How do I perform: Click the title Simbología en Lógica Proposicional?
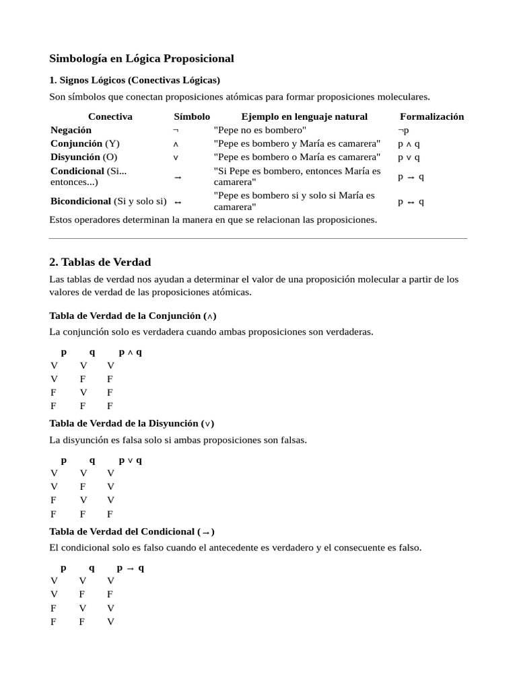pos(141,59)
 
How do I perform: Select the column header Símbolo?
pos(192,116)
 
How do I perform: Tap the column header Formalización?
pos(432,116)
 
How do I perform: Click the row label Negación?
pos(71,130)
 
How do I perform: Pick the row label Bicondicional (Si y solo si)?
pos(108,201)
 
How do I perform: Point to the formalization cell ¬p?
pos(403,130)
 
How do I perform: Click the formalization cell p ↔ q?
pos(411,201)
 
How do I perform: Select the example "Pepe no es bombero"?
pos(260,130)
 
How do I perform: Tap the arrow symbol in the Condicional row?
pos(178,177)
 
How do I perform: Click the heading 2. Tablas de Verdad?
pos(100,262)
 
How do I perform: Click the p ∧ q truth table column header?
pos(130,352)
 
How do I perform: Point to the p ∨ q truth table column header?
pos(130,460)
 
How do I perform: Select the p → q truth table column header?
pos(130,568)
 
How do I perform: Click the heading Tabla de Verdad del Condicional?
pos(132,532)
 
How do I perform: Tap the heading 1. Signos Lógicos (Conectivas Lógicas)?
pos(135,80)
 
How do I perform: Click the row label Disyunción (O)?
pos(83,157)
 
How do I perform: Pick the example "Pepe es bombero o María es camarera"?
pos(297,157)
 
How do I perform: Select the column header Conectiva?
pos(110,116)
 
